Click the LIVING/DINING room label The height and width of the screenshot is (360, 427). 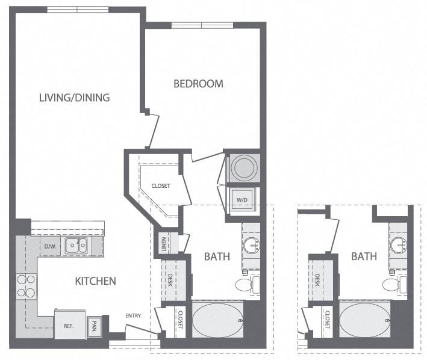click(x=74, y=97)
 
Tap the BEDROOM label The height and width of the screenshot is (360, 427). click(x=198, y=84)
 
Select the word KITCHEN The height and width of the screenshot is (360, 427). click(x=95, y=281)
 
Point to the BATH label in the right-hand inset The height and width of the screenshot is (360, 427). click(x=364, y=256)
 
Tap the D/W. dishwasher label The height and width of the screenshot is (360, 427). click(x=50, y=246)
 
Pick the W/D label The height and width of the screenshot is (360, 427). click(x=242, y=199)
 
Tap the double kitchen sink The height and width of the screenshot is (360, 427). click(x=76, y=245)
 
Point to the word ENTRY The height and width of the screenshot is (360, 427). click(x=134, y=316)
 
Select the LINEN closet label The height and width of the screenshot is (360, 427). click(x=163, y=243)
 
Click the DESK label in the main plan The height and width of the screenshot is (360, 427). click(x=171, y=280)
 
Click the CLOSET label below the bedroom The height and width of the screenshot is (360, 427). click(x=160, y=186)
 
